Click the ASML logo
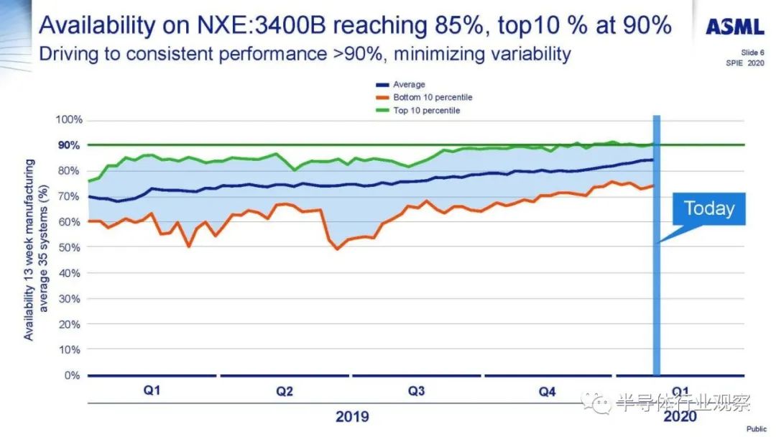pos(734,27)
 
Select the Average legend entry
pos(409,84)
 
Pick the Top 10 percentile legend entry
pos(426,110)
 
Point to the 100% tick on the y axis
pos(69,119)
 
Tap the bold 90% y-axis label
pos(70,145)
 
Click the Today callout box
pos(708,208)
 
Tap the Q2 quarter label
pos(285,392)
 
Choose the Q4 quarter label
pos(548,392)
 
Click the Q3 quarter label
pos(416,392)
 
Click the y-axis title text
pos(36,250)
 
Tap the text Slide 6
pos(754,52)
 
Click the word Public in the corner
pos(756,429)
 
